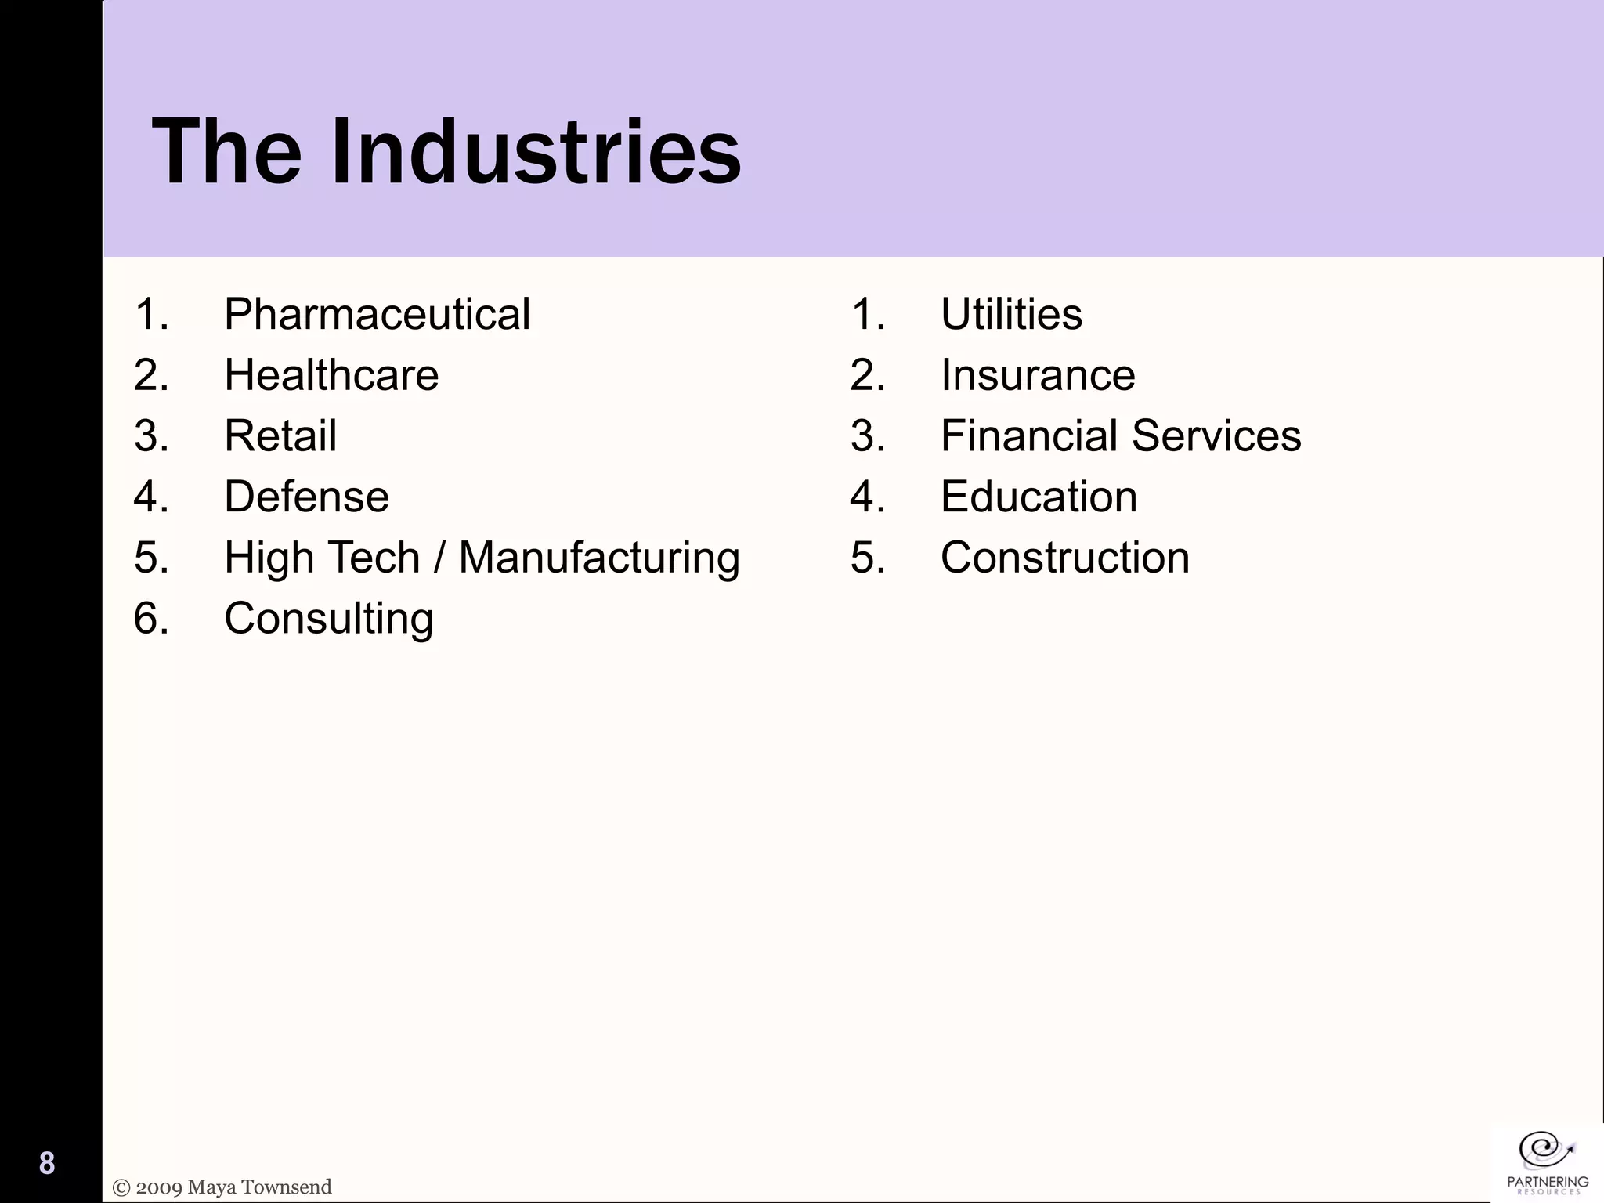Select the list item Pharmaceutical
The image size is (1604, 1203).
(x=377, y=315)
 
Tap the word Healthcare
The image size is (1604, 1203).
(x=331, y=375)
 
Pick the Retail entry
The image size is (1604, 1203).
(x=280, y=436)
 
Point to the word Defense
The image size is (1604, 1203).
(x=306, y=497)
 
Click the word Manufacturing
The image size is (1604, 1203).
(x=599, y=558)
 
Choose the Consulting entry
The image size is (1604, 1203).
(x=328, y=619)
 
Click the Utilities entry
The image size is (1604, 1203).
(x=1011, y=315)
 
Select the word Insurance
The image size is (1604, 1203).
(x=1038, y=375)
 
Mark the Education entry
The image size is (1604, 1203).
(x=1039, y=497)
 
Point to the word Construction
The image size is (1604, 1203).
(x=1065, y=558)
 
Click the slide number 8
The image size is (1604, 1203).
(x=47, y=1163)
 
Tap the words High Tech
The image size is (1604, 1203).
(x=322, y=558)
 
